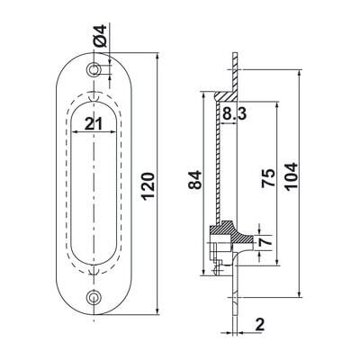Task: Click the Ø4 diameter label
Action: click(100, 36)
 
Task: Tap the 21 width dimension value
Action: click(94, 123)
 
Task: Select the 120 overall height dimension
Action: click(148, 186)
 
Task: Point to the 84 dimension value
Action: click(195, 179)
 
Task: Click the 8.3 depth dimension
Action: click(235, 114)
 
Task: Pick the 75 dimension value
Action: click(268, 178)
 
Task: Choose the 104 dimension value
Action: click(292, 176)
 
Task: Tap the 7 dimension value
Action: click(266, 240)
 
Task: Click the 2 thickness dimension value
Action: click(259, 324)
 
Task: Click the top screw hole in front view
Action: click(94, 69)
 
